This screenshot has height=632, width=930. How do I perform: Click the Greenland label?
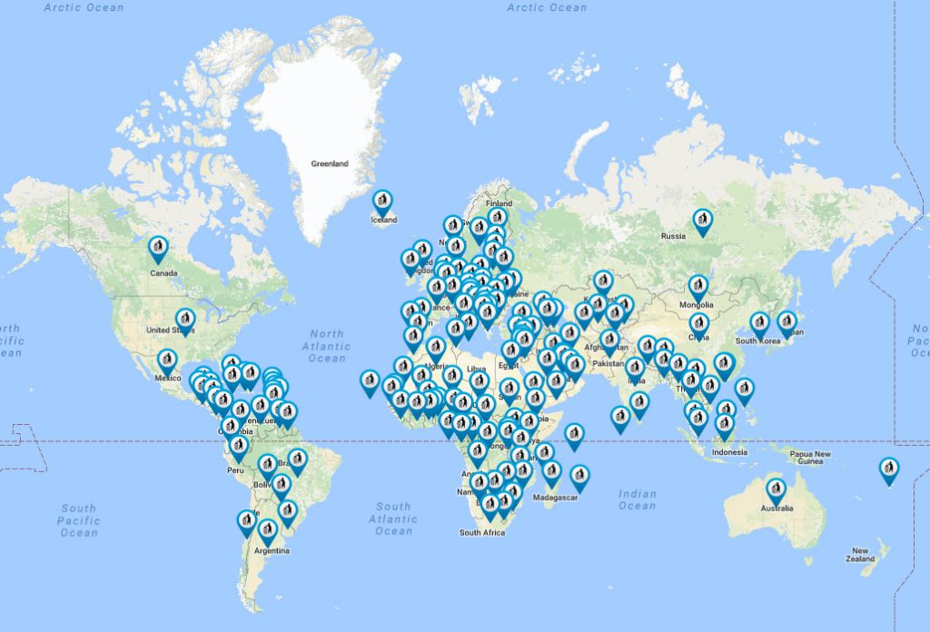tap(329, 164)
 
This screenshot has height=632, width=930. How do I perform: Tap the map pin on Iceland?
tap(383, 202)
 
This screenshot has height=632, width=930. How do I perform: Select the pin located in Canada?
tap(159, 248)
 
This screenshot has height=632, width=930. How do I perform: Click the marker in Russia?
tap(702, 221)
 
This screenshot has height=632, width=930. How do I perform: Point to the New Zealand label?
tap(860, 554)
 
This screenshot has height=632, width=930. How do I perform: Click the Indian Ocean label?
tap(637, 499)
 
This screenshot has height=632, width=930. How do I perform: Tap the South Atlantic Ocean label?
tap(393, 518)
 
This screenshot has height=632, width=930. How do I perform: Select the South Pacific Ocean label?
tap(78, 520)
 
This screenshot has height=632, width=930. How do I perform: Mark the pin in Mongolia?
tap(697, 287)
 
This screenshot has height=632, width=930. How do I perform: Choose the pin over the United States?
tap(185, 320)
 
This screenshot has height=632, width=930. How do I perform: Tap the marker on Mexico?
tap(167, 361)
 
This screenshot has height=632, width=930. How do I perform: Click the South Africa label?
tap(481, 532)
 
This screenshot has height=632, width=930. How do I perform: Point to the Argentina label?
tap(272, 551)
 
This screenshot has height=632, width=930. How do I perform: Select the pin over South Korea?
tap(759, 323)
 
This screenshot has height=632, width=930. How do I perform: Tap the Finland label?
tap(499, 203)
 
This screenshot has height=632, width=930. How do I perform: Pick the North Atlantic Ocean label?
tap(326, 346)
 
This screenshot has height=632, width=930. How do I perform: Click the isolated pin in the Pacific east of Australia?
tap(889, 469)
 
